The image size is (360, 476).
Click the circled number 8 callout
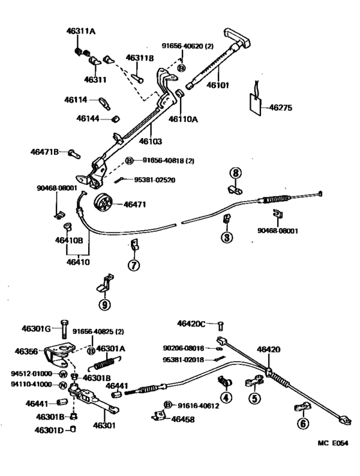pyautogui.click(x=236, y=173)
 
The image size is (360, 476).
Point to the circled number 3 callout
pyautogui.click(x=226, y=237)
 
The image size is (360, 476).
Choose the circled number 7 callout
pyautogui.click(x=133, y=265)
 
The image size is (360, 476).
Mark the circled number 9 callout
pyautogui.click(x=104, y=304)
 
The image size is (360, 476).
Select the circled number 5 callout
pyautogui.click(x=256, y=398)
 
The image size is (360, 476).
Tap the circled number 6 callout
pyautogui.click(x=302, y=423)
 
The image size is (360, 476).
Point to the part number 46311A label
pyautogui.click(x=80, y=31)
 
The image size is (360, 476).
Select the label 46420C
pyautogui.click(x=192, y=324)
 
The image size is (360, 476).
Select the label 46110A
pyautogui.click(x=183, y=119)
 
